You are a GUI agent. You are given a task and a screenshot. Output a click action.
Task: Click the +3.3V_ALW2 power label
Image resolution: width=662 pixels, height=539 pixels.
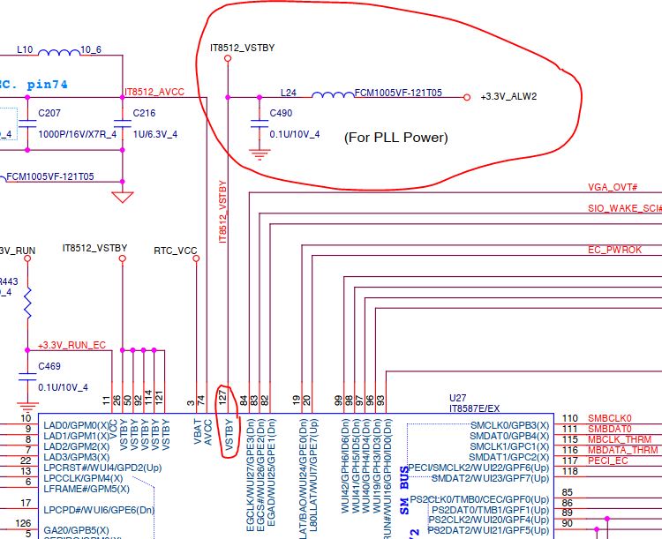pos(509,96)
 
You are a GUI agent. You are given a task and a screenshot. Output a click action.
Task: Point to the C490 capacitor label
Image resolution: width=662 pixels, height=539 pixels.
pos(281,114)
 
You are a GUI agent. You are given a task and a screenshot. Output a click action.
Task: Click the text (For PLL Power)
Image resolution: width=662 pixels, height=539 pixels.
pos(395,138)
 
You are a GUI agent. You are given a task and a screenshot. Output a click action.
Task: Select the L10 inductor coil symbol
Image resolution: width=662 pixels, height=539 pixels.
pos(58,52)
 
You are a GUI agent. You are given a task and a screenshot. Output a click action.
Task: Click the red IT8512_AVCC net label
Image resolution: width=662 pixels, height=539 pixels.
pos(154,91)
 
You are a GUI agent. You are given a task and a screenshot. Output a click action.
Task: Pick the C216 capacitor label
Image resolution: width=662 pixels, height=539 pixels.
pos(144,114)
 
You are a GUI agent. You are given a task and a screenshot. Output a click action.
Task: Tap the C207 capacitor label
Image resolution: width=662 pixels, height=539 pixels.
pos(49,114)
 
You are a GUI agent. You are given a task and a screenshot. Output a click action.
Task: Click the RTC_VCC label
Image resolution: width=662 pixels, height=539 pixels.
pos(176,250)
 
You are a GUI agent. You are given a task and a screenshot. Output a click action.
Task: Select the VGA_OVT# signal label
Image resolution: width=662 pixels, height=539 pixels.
pos(613,188)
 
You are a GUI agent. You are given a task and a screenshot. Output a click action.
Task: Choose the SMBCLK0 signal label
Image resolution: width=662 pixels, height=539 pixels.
pos(609,417)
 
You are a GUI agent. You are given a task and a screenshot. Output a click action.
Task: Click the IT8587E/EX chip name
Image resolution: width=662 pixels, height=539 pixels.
pos(475,409)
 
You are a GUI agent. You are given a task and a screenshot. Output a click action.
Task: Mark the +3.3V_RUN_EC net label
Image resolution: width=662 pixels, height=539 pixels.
pos(71,345)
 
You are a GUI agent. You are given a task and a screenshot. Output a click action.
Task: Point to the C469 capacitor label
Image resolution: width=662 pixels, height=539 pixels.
pos(49,366)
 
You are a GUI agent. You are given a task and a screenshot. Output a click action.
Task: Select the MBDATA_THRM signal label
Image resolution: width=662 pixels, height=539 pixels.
pos(622,449)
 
